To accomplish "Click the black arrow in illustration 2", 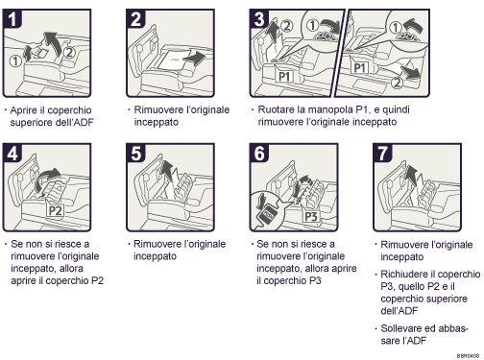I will coord(194,58).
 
